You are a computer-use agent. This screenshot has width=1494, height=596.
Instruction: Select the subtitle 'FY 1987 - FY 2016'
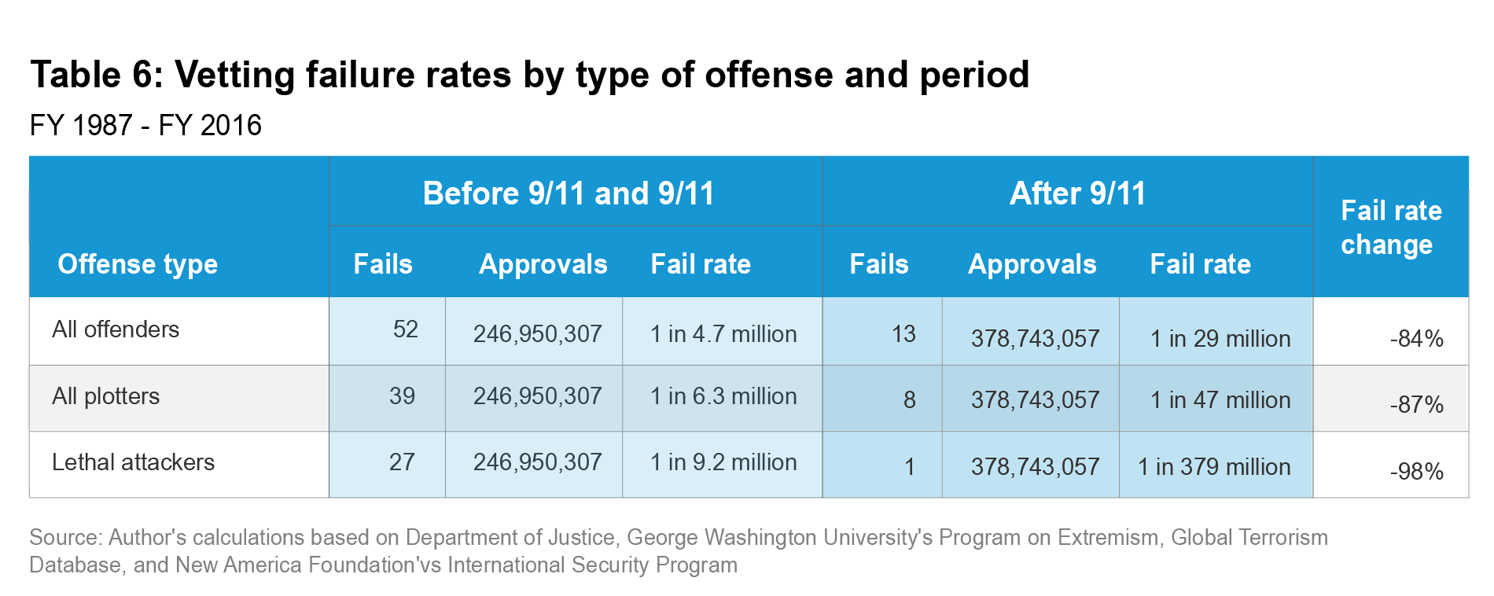(145, 126)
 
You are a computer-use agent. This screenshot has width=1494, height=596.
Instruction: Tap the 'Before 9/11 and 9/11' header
(568, 193)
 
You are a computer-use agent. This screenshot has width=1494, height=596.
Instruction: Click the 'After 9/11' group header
(1077, 193)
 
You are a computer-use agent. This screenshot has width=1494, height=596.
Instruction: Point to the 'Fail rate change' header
(1389, 227)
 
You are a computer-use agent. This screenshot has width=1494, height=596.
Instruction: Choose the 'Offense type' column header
(138, 264)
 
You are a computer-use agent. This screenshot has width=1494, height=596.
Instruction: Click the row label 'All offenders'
(116, 329)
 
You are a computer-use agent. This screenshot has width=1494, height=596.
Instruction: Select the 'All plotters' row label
(105, 396)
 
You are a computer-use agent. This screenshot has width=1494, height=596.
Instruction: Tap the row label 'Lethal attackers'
(133, 462)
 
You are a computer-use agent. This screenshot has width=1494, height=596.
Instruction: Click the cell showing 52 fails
(405, 329)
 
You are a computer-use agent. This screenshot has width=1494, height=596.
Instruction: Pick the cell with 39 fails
(402, 396)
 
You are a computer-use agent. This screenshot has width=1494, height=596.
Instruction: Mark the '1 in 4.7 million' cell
(723, 334)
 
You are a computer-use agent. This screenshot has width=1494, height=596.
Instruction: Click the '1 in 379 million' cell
(1214, 467)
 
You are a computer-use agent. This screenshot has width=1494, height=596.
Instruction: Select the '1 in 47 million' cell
(1220, 400)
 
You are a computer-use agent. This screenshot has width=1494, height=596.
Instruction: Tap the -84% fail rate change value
(1416, 339)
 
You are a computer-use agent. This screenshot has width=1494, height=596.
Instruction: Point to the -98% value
(1416, 472)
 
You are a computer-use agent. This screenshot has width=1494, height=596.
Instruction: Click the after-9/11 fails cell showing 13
(903, 334)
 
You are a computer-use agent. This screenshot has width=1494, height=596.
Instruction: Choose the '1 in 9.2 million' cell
(723, 462)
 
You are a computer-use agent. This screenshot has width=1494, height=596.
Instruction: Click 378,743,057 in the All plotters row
(1035, 400)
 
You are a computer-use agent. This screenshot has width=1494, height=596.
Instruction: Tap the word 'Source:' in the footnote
(65, 538)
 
